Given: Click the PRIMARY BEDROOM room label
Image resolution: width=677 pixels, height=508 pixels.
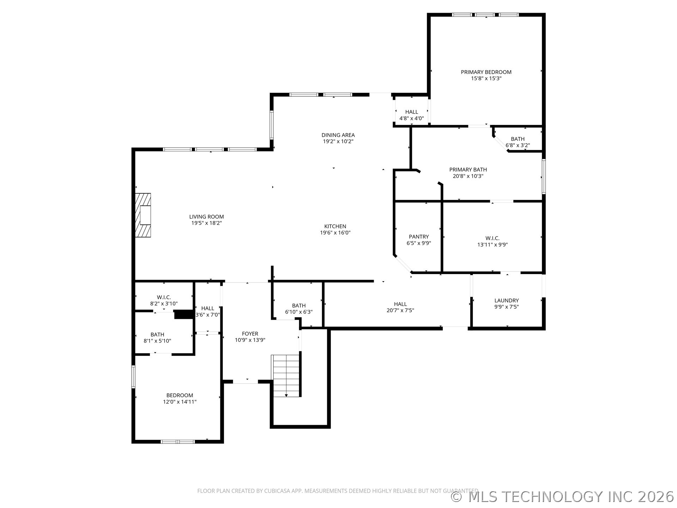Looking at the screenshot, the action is pyautogui.click(x=486, y=72).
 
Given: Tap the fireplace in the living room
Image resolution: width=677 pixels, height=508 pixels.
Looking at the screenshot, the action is pyautogui.click(x=143, y=215).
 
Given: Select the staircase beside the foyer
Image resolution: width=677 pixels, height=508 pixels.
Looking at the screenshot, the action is pyautogui.click(x=286, y=376).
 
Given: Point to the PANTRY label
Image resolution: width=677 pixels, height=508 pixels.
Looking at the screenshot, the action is pyautogui.click(x=419, y=237).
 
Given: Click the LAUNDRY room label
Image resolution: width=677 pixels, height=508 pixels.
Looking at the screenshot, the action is pyautogui.click(x=506, y=301).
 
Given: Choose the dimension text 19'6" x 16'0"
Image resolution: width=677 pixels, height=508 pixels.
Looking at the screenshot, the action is pyautogui.click(x=335, y=233).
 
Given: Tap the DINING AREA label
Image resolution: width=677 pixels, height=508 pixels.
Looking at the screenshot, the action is pyautogui.click(x=338, y=135).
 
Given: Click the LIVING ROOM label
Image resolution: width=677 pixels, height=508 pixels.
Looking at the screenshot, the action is pyautogui.click(x=207, y=217).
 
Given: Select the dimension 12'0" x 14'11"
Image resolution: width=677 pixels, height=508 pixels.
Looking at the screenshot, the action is pyautogui.click(x=179, y=402).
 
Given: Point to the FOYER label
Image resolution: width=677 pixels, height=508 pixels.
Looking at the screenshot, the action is pyautogui.click(x=250, y=334).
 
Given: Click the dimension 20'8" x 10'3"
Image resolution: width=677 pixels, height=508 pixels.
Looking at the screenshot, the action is pyautogui.click(x=468, y=176).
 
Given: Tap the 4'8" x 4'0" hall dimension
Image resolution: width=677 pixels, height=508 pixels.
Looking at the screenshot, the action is pyautogui.click(x=411, y=119).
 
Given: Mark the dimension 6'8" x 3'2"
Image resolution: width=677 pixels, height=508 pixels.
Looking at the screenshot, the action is pyautogui.click(x=518, y=145).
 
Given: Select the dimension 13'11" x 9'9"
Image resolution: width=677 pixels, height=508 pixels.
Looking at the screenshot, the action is pyautogui.click(x=492, y=245).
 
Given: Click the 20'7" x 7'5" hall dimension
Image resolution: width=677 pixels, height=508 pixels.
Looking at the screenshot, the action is pyautogui.click(x=400, y=310).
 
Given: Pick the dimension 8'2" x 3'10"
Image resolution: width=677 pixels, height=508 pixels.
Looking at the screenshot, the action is pyautogui.click(x=164, y=304).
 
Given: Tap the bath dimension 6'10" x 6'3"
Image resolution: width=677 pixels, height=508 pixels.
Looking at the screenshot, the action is pyautogui.click(x=299, y=312).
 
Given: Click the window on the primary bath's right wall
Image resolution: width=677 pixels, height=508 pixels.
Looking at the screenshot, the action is pyautogui.click(x=544, y=176).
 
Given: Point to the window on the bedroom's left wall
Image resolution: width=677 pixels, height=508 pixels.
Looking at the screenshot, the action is pyautogui.click(x=133, y=377).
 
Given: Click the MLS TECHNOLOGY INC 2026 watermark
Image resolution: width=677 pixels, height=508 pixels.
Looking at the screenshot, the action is pyautogui.click(x=562, y=497).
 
